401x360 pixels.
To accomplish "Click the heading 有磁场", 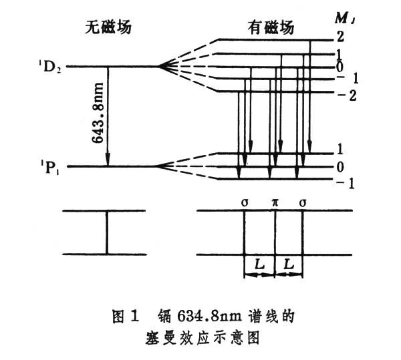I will coord(270,27).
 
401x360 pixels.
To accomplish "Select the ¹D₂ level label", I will coord(50,67).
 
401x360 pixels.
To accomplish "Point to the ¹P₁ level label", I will coord(50,166).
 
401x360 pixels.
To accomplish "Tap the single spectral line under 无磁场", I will coord(106,232).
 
